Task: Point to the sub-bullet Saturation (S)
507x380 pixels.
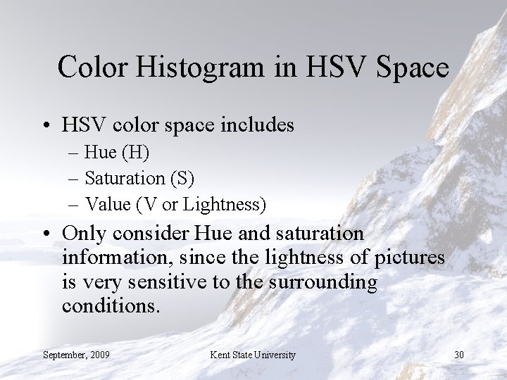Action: pyautogui.click(x=139, y=177)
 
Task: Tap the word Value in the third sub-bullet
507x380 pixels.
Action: pyautogui.click(x=107, y=204)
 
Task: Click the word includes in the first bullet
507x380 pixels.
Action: pyautogui.click(x=256, y=125)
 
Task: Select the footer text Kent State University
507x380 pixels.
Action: pyautogui.click(x=253, y=354)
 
